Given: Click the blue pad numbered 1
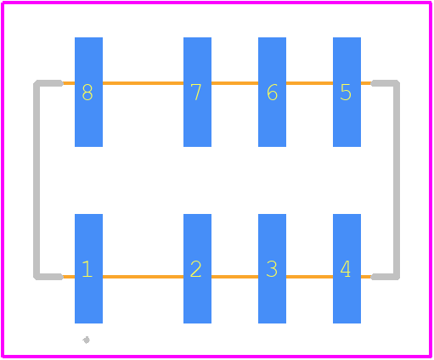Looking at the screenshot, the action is coord(88,268).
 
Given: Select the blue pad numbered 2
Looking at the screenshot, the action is coord(197,268).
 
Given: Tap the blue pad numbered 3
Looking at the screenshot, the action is coord(272,268).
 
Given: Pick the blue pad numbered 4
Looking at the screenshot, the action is coord(347,268).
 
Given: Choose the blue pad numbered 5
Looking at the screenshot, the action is coord(347,92).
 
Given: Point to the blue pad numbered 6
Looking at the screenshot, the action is coord(272,92).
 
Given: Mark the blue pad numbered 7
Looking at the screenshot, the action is coord(197,92).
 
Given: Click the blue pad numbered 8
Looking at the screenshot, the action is coord(88,92).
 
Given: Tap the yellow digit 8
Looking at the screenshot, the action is coord(87,93).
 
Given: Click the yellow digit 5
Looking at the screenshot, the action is coord(346,93).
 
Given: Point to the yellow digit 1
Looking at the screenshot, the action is coord(87,269).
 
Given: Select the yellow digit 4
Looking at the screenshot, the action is coord(346,269).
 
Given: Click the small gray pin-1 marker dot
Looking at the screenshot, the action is coord(87,340).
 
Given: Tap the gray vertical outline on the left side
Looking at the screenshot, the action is coord(37,180).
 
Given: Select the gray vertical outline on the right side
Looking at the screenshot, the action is coord(397,180).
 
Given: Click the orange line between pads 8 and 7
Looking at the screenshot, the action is coord(143,83).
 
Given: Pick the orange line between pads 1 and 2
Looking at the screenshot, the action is coord(143,277).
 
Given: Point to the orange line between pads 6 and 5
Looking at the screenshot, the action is coord(309,83).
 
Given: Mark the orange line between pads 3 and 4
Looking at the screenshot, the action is coord(309,277).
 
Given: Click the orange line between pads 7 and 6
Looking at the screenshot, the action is coord(234,83).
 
